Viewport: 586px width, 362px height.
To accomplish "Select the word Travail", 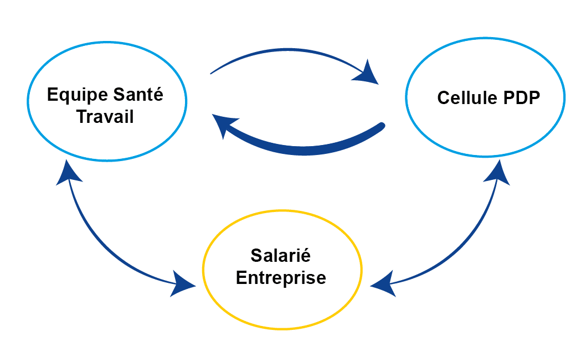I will coord(105,117).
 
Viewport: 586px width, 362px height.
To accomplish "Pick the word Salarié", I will coord(280,256).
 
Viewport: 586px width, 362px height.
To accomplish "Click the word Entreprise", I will coord(281,277).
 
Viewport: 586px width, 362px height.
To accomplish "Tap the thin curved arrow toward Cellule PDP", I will coord(288,51).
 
